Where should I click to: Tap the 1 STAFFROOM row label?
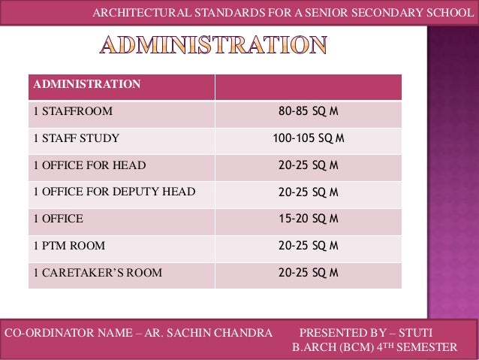[73, 112]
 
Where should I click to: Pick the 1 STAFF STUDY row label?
[76, 139]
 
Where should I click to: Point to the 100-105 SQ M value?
[308, 138]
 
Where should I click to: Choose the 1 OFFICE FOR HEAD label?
[89, 165]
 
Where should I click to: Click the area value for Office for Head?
[308, 165]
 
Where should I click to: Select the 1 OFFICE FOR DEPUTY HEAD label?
[113, 192]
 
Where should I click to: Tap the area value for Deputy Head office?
[308, 192]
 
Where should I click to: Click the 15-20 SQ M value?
[308, 219]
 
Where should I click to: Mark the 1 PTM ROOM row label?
[69, 246]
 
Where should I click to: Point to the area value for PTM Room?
[308, 246]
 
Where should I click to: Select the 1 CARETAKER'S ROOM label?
[97, 273]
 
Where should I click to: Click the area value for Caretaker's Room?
[308, 273]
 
